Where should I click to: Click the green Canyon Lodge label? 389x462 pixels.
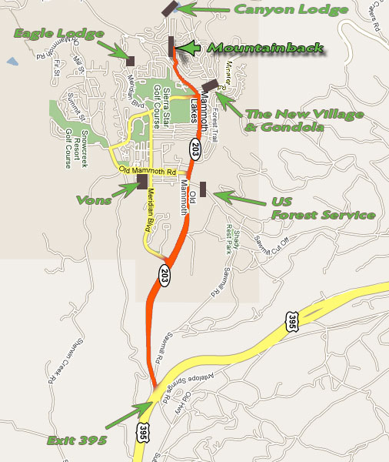[291, 9]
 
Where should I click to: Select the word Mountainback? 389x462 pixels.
[266, 48]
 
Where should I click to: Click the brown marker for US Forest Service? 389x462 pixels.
[203, 189]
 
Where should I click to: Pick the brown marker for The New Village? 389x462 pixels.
[210, 84]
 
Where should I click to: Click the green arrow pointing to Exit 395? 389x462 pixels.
[128, 416]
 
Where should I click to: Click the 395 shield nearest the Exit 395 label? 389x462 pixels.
[141, 433]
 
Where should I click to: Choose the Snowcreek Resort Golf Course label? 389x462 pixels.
[71, 131]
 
